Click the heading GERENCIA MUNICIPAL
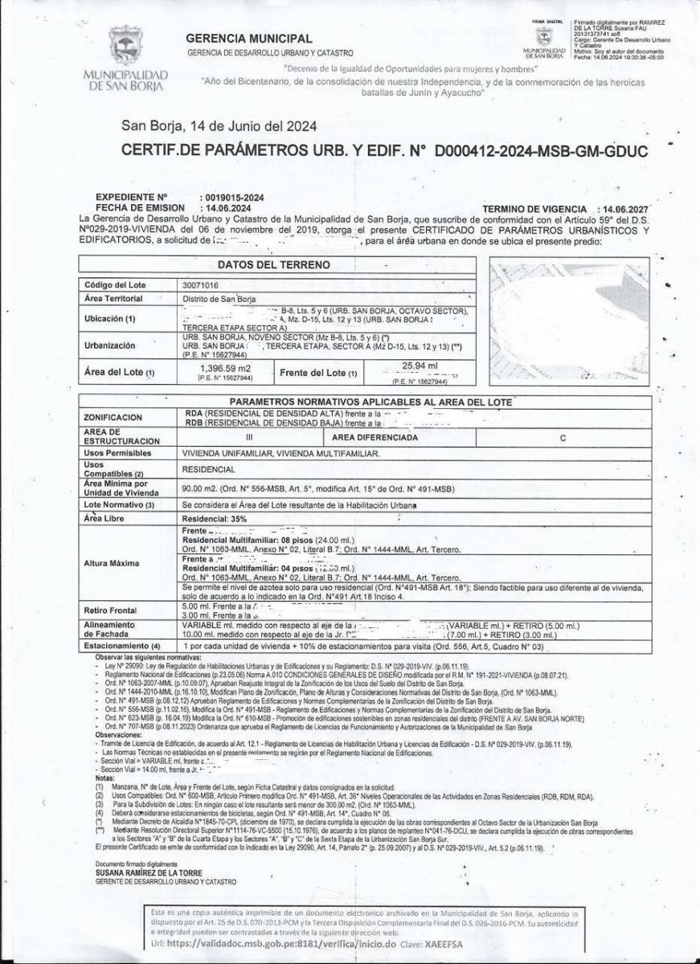click(x=248, y=39)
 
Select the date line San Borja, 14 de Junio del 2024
click(x=218, y=125)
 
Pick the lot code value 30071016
click(x=200, y=285)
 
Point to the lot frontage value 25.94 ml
click(x=419, y=366)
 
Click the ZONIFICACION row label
click(x=113, y=418)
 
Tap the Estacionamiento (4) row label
click(x=122, y=645)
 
